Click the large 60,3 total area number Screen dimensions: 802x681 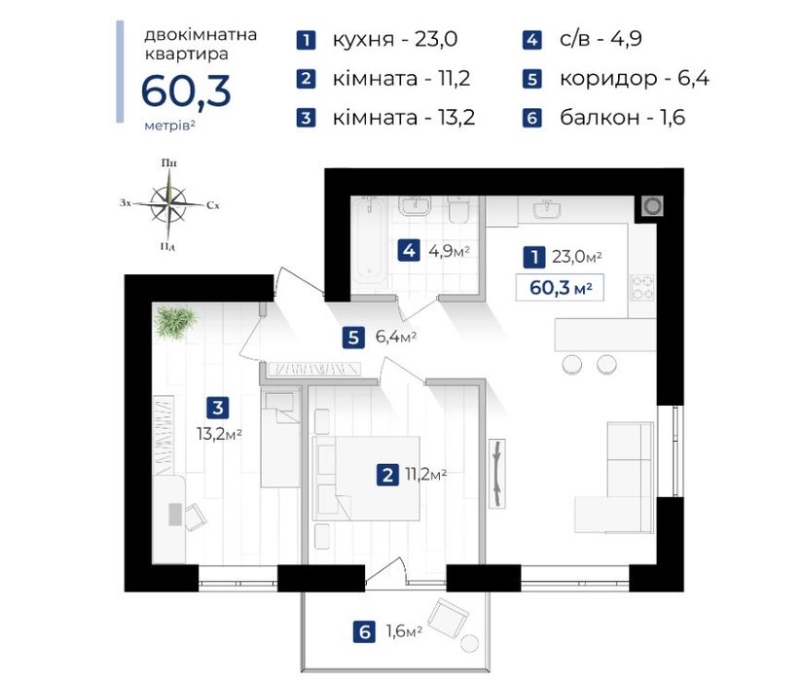186,91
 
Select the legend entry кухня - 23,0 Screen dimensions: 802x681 395,39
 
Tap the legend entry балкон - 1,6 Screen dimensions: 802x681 622,118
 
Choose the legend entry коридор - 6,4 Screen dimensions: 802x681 635,78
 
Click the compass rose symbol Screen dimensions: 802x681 168,204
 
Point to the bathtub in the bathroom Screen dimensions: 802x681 369,241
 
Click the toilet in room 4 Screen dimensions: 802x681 458,210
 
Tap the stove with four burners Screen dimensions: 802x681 642,288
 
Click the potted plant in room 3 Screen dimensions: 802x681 175,321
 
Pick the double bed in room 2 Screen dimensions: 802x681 366,478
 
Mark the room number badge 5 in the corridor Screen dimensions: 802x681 353,338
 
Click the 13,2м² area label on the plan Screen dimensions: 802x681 219,434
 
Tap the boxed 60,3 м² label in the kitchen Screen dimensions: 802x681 560,288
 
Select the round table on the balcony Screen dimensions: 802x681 469,644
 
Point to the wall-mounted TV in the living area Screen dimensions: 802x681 497,474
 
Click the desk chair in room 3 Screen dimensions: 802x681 195,517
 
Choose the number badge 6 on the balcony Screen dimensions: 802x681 364,632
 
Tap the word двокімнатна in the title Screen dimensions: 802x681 200,35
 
